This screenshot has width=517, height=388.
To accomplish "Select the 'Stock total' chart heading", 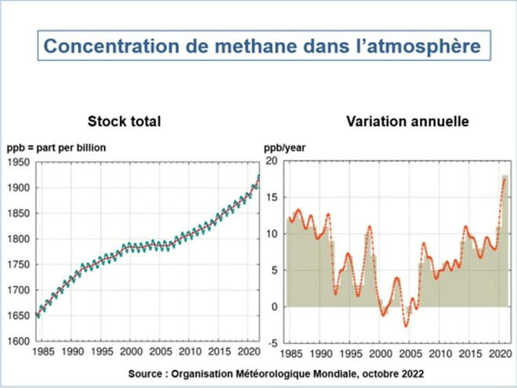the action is click(125, 121).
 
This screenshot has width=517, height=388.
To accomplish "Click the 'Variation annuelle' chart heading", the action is click(407, 121).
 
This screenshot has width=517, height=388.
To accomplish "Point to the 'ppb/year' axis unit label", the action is click(284, 148).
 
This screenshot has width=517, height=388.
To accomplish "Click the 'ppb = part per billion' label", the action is click(56, 148).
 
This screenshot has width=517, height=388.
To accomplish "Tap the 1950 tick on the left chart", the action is click(19, 162).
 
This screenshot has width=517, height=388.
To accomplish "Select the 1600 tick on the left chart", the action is click(19, 341).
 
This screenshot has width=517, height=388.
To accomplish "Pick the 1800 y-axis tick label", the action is click(19, 239).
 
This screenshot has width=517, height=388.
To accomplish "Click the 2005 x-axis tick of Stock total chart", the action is click(161, 352).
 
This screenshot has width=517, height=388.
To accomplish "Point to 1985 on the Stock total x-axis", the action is click(43, 352).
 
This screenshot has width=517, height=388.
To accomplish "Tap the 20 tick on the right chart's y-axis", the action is click(272, 161).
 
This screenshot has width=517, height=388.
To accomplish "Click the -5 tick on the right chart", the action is click(273, 344).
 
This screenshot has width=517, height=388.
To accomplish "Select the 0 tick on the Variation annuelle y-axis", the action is click(274, 306).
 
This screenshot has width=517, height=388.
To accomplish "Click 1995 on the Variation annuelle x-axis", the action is click(351, 354).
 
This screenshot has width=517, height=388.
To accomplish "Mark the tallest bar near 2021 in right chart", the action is click(504, 241).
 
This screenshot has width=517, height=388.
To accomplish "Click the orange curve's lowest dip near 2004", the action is click(406, 326).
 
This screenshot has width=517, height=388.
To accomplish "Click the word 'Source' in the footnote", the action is click(145, 374).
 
